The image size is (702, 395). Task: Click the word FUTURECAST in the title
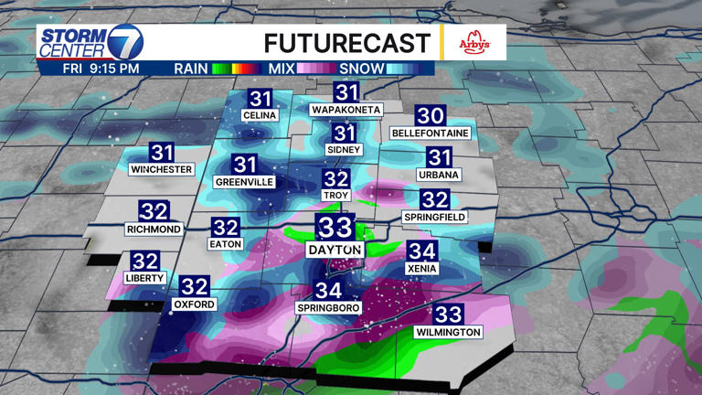[x=346, y=43]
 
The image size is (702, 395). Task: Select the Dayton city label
[x=335, y=250]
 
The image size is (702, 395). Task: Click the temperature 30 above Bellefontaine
[x=430, y=116]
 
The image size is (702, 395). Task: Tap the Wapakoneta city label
[x=346, y=110]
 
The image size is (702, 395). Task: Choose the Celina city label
[x=259, y=116]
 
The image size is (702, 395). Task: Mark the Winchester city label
[x=162, y=170]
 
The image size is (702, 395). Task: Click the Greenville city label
[x=244, y=182]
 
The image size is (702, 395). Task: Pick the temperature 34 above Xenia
[x=421, y=251]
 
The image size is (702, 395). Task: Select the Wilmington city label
[x=448, y=332]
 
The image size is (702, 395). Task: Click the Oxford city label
[x=195, y=304]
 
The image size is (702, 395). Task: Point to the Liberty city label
[x=144, y=277]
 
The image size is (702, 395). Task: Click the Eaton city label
[x=225, y=245]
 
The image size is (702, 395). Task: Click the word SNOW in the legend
[x=361, y=68]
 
